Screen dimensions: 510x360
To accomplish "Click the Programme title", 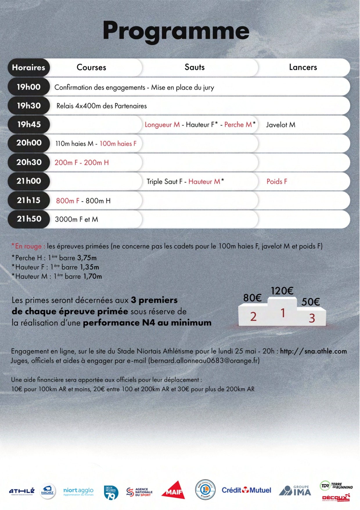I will (176, 31).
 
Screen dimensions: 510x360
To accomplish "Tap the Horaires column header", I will (28, 67).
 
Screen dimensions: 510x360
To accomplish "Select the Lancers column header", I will (303, 67).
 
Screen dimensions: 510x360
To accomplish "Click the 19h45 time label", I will (29, 124).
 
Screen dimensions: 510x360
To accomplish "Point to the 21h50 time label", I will (29, 219).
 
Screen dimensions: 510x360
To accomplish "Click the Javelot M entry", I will (280, 125).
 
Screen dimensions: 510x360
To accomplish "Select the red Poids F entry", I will (277, 182).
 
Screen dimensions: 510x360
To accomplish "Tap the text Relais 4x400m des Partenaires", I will (102, 106).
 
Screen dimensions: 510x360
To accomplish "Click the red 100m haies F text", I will (118, 144).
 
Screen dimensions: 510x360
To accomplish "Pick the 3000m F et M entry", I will (76, 219).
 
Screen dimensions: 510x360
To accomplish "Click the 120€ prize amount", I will (282, 291).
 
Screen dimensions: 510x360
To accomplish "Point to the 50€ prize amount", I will (310, 302).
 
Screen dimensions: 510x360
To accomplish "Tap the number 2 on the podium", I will (253, 317).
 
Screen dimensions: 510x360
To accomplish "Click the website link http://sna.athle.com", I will (313, 351).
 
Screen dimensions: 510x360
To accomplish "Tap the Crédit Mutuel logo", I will (246, 490).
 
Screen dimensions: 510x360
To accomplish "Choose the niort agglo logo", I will (78, 491).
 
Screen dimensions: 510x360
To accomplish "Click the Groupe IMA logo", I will (295, 491).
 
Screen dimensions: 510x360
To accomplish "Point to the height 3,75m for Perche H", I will (87, 258).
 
